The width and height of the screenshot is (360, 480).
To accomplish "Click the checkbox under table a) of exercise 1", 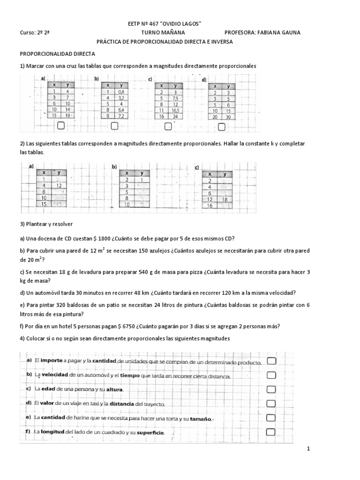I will click(60, 126).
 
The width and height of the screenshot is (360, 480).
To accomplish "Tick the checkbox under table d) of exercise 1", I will click(222, 126).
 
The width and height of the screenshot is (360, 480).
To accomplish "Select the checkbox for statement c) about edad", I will click(271, 389).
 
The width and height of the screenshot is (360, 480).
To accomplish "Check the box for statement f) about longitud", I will click(271, 432).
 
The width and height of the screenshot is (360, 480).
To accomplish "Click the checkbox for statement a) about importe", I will click(271, 360).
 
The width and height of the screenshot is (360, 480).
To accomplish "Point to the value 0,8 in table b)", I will click(121, 92).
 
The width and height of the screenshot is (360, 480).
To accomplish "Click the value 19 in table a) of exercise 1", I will click(68, 115).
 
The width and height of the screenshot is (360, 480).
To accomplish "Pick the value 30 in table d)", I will click(228, 117).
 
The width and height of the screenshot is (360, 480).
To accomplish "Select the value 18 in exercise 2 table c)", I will click(225, 199).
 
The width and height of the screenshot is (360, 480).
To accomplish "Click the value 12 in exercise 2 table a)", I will click(59, 186).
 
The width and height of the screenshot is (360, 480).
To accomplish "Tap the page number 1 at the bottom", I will click(308, 449).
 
